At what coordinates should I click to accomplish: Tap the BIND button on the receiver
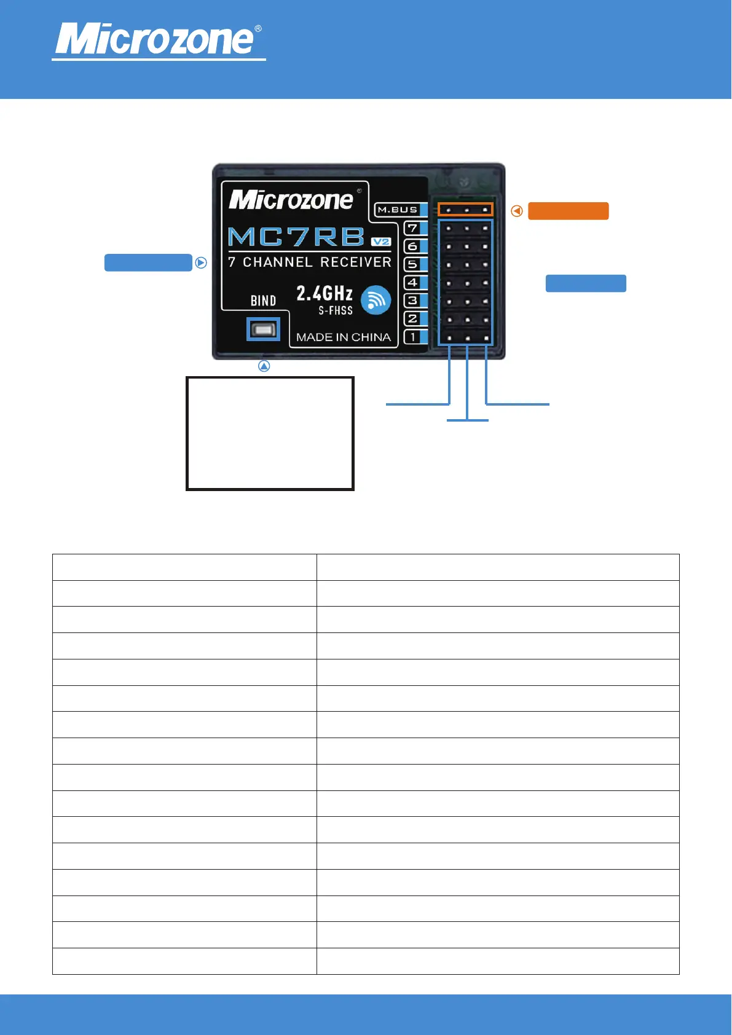[263, 329]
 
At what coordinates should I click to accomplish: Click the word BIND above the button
[263, 301]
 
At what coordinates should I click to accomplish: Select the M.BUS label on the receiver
[397, 210]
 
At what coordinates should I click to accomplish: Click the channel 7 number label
[412, 228]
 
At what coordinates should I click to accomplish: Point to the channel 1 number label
[412, 337]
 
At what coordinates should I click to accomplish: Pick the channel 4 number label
[412, 283]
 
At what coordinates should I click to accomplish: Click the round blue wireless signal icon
[376, 300]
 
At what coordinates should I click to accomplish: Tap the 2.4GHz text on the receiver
[325, 293]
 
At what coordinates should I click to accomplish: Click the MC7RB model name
[296, 237]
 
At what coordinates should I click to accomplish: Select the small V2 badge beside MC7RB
[381, 242]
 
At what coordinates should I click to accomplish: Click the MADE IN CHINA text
[343, 337]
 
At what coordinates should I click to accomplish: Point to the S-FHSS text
[336, 311]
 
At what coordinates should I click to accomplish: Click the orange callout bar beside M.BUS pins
[568, 211]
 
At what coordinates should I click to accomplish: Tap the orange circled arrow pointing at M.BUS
[517, 211]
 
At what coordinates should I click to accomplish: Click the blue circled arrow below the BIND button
[264, 366]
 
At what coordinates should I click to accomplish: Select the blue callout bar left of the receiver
[148, 262]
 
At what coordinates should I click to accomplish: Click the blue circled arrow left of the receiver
[201, 262]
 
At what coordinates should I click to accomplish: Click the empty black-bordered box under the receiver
[270, 433]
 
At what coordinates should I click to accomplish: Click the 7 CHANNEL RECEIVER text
[309, 262]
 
